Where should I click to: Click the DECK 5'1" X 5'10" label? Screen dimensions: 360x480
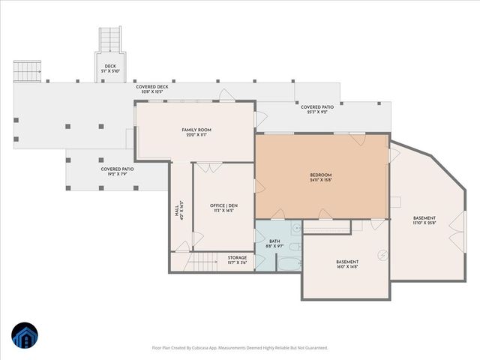click(x=110, y=68)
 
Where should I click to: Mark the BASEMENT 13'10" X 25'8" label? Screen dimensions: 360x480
click(x=424, y=220)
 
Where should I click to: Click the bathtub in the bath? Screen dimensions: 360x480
click(x=288, y=262)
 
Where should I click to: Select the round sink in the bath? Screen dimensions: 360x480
click(x=295, y=227)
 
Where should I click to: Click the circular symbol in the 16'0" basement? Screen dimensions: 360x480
click(x=383, y=253)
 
